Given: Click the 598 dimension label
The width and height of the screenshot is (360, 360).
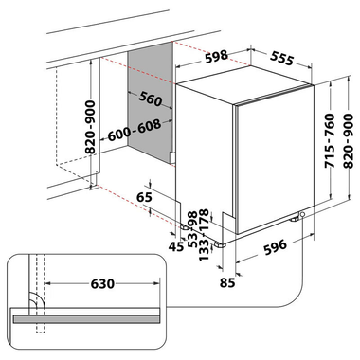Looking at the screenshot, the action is point(216,57).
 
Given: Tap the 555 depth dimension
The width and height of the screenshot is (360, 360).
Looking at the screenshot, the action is point(282,58).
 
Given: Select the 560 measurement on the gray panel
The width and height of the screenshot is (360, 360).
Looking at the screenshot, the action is point(151,99).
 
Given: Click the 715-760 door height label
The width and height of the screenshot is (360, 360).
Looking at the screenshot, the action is point(330,140).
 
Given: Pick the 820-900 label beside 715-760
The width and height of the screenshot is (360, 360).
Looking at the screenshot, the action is point(349,140).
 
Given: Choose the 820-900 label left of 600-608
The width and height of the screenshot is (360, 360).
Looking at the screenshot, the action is point(90,127).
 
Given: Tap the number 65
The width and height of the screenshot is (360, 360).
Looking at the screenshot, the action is point(144,197).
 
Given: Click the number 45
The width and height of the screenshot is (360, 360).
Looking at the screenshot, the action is point(176,246).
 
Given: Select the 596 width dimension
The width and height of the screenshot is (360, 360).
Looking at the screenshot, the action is point(276,247).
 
